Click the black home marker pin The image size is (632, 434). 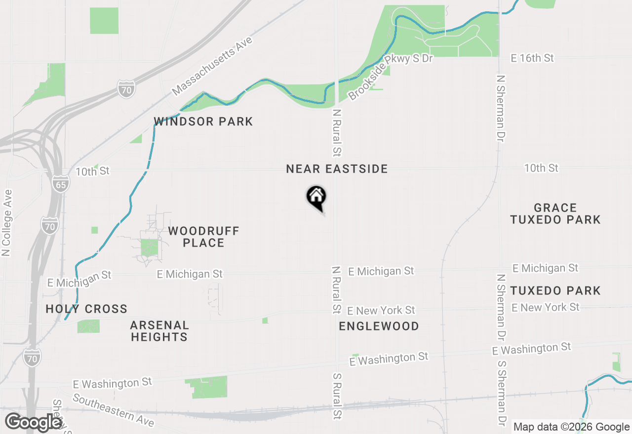(x=316, y=197)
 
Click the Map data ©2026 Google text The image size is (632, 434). (x=571, y=427)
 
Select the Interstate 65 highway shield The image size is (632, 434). (x=61, y=183)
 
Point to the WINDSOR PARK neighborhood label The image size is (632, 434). (x=203, y=121)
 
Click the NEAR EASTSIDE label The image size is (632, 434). (x=337, y=169)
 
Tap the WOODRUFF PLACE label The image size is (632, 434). (x=203, y=237)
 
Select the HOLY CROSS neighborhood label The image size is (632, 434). (x=86, y=309)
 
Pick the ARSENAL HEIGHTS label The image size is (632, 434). (x=159, y=331)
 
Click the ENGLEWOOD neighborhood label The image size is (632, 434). (x=379, y=326)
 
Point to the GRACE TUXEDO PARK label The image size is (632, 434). (x=555, y=214)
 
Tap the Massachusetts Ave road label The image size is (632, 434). (x=212, y=67)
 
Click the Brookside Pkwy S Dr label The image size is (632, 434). (x=390, y=77)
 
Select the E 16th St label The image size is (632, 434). (x=532, y=58)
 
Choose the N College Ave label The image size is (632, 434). (x=6, y=223)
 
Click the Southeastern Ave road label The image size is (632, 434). (x=114, y=410)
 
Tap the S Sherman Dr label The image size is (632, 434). (x=501, y=393)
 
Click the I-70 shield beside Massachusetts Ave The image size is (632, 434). (x=126, y=89)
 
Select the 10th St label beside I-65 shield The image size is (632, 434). (x=92, y=171)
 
